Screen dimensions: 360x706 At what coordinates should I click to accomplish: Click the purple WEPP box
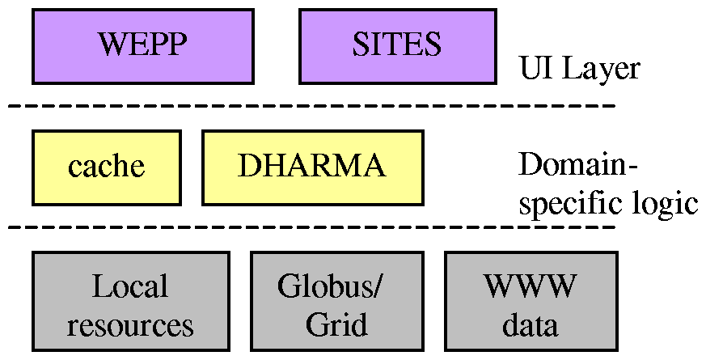click(142, 45)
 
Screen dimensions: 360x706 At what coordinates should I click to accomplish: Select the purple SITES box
click(397, 45)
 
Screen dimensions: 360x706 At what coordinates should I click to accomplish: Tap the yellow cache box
click(106, 167)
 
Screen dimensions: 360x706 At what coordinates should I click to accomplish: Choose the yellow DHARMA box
click(311, 167)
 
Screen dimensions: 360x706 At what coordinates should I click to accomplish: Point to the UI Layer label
click(579, 70)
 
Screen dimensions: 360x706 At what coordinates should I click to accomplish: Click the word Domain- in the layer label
click(577, 165)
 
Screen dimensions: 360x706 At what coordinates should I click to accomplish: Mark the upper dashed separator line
click(311, 106)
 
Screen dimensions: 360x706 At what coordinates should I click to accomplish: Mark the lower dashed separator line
click(311, 227)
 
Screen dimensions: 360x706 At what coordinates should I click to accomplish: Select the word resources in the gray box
click(130, 325)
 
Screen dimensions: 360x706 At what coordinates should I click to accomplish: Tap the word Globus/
click(332, 286)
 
